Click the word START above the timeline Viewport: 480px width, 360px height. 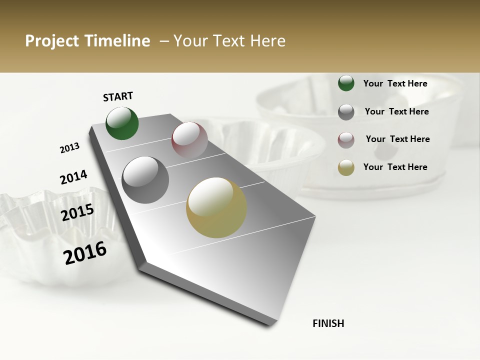click(x=118, y=96)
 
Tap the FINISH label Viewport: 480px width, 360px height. click(x=328, y=323)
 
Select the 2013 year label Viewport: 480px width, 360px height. click(x=70, y=148)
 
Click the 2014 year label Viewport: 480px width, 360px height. click(x=73, y=177)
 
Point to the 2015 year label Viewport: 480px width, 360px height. click(x=77, y=212)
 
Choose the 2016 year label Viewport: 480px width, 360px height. click(x=85, y=253)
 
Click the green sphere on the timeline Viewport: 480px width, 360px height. click(x=122, y=123)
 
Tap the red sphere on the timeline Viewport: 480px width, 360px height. click(x=189, y=140)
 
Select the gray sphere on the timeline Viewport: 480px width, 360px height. click(x=145, y=180)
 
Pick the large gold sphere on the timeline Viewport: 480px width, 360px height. click(x=216, y=207)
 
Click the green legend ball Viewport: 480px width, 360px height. click(x=346, y=83)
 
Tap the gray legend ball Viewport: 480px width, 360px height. click(x=346, y=112)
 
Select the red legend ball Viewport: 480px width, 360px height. click(x=346, y=140)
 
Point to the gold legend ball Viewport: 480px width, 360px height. click(x=346, y=167)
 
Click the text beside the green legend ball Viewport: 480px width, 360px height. click(x=395, y=84)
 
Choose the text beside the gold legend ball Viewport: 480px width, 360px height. click(x=395, y=167)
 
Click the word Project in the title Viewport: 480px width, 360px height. click(x=52, y=41)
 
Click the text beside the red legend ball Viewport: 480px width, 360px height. click(x=397, y=139)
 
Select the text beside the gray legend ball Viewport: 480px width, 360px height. click(x=396, y=111)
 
